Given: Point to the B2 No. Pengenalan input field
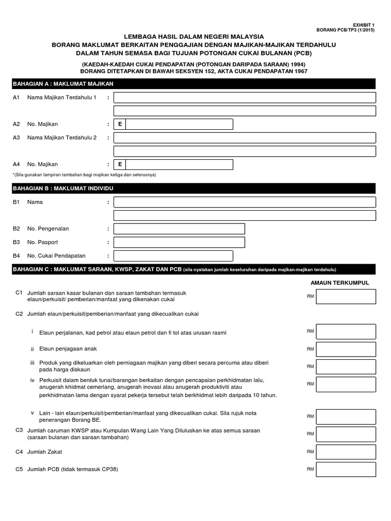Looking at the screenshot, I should point(179,229).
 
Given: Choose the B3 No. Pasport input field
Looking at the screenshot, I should point(179,242).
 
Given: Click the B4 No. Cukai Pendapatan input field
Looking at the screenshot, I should point(173,256).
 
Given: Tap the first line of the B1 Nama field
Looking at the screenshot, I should point(244,202).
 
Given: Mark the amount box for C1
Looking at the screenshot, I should point(346,296).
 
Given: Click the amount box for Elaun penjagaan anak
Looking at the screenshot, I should point(346,349).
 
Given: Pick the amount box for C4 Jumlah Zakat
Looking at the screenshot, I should point(346,452).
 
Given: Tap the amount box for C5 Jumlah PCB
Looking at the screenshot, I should point(346,469).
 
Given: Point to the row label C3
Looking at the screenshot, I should point(19,430).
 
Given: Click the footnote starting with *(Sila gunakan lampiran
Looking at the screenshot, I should point(85,175).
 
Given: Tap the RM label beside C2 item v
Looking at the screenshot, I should point(310,416).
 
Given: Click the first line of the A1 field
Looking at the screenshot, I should point(244,98).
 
